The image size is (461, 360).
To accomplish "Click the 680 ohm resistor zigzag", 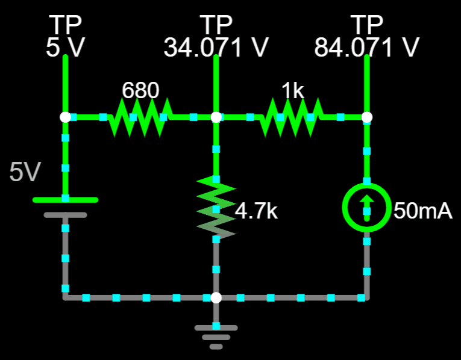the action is click(140, 117).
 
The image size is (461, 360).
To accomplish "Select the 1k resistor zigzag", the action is click(291, 117).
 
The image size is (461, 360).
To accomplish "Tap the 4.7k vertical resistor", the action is click(216, 207).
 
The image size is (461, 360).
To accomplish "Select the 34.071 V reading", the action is click(216, 48).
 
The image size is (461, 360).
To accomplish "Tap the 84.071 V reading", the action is click(366, 48).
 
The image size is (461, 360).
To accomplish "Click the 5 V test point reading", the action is click(65, 48).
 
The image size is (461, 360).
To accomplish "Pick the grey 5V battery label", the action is click(25, 172).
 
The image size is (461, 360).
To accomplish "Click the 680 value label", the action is click(140, 90).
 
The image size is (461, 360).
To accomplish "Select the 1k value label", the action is click(292, 90).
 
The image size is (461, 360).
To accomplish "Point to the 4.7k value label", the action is click(256, 211).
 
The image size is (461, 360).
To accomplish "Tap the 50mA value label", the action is click(423, 211).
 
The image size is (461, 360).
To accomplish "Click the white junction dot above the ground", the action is click(216, 298).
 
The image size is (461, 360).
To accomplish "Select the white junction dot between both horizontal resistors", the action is click(216, 117).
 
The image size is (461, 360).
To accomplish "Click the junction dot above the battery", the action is click(65, 117).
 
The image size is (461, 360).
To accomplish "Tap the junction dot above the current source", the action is click(366, 117).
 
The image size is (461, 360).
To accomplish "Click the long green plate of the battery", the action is click(65, 200).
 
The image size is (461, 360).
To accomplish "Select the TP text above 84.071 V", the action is click(366, 25).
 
